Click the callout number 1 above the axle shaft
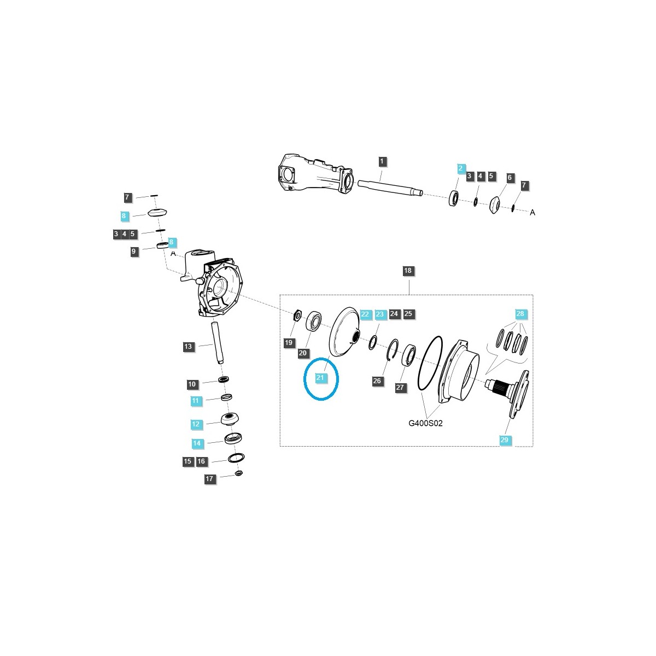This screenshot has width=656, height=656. coord(382,161)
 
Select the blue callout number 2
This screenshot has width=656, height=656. coord(461,168)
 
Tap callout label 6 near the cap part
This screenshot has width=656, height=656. coord(509,178)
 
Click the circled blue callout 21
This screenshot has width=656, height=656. coord(320,378)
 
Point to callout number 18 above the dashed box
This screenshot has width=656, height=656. coord(408,271)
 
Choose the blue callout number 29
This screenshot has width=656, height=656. coord(504,440)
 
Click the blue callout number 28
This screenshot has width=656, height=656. coord(520,314)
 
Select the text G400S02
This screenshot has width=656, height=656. coord(425,423)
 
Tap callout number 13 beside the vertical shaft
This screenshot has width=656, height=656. coord(188,347)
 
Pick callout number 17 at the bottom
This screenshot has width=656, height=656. coord(210,479)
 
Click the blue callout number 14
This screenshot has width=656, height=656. coord(197,443)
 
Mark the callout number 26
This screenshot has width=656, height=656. coord(377,381)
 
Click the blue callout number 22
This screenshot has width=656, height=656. coord(366,314)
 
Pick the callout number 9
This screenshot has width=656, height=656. coord(134,251)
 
